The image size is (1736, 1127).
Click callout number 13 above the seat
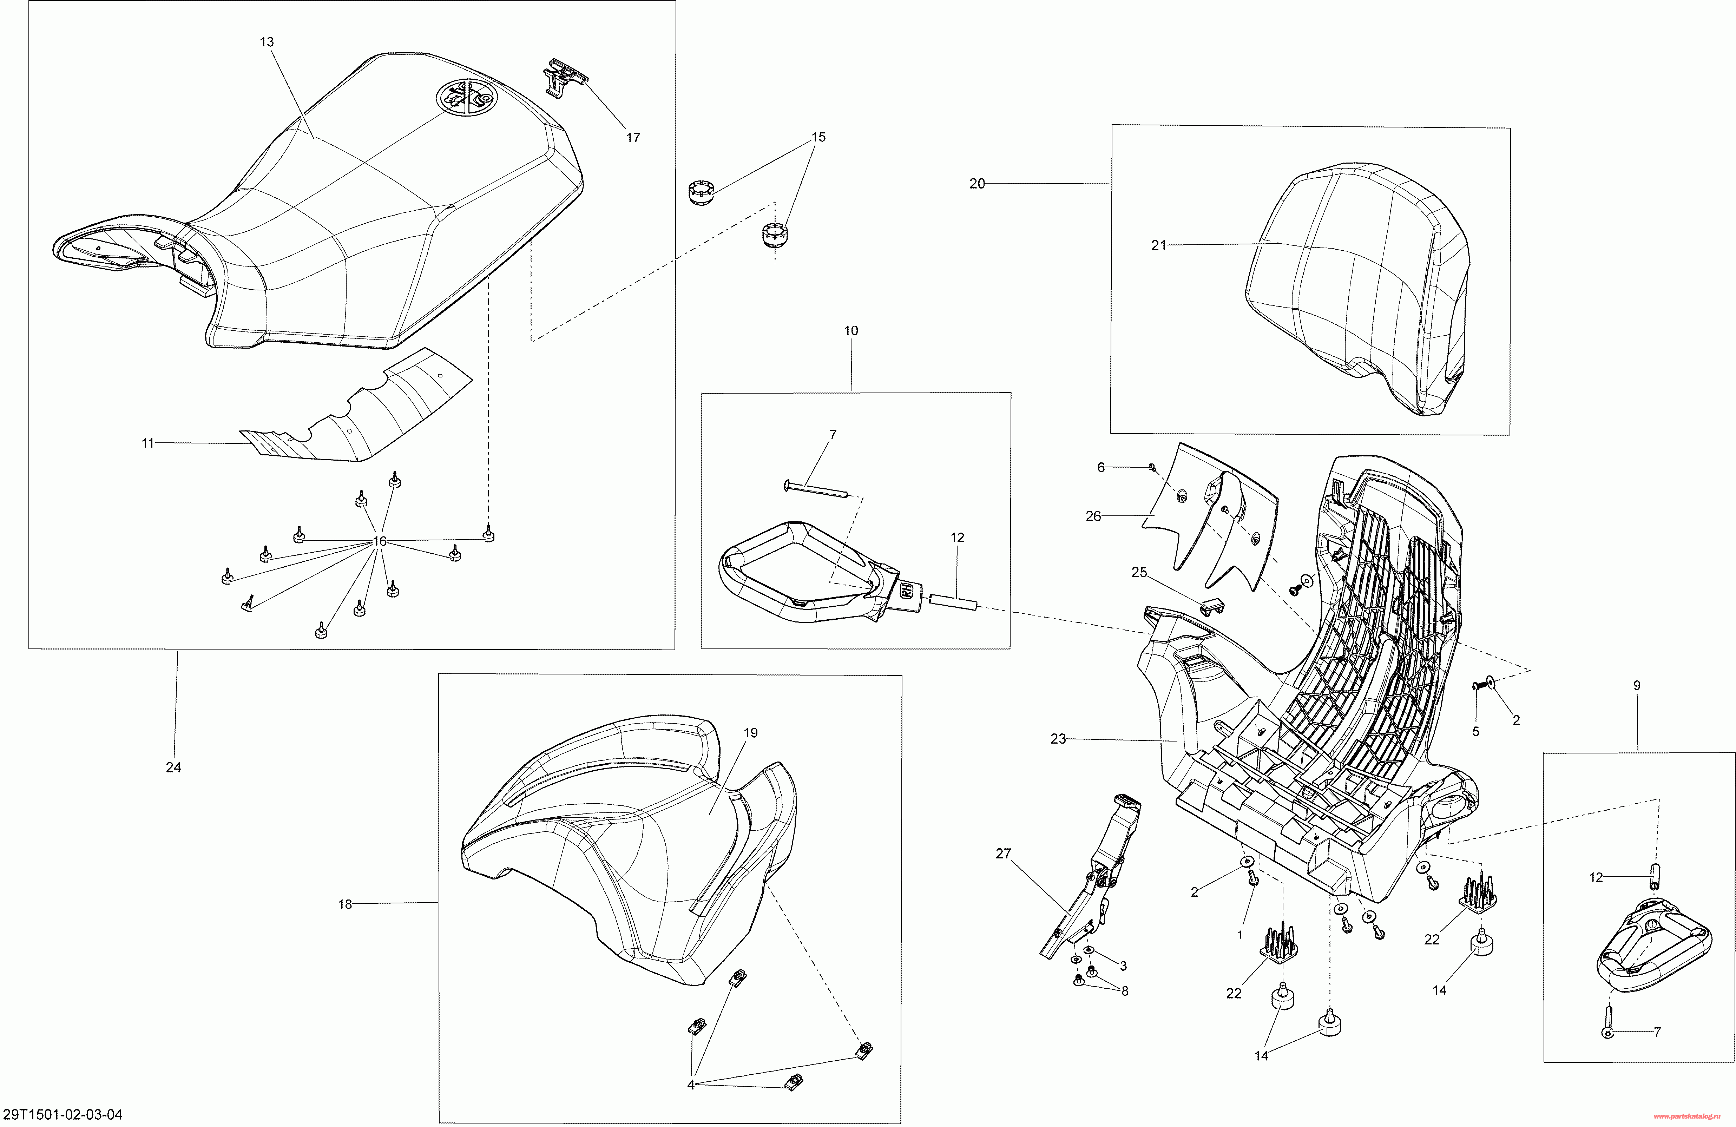coord(267,42)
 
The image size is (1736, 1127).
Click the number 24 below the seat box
coord(173,767)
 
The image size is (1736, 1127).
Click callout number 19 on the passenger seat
coord(751,733)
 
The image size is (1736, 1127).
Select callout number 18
coord(345,904)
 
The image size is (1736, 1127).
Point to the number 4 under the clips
coord(691,1085)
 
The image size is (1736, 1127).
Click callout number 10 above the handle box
coord(851,331)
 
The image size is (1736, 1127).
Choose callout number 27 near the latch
coord(1004,854)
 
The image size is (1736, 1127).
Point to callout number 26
coord(1093,516)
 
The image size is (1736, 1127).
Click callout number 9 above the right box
coord(1637,686)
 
